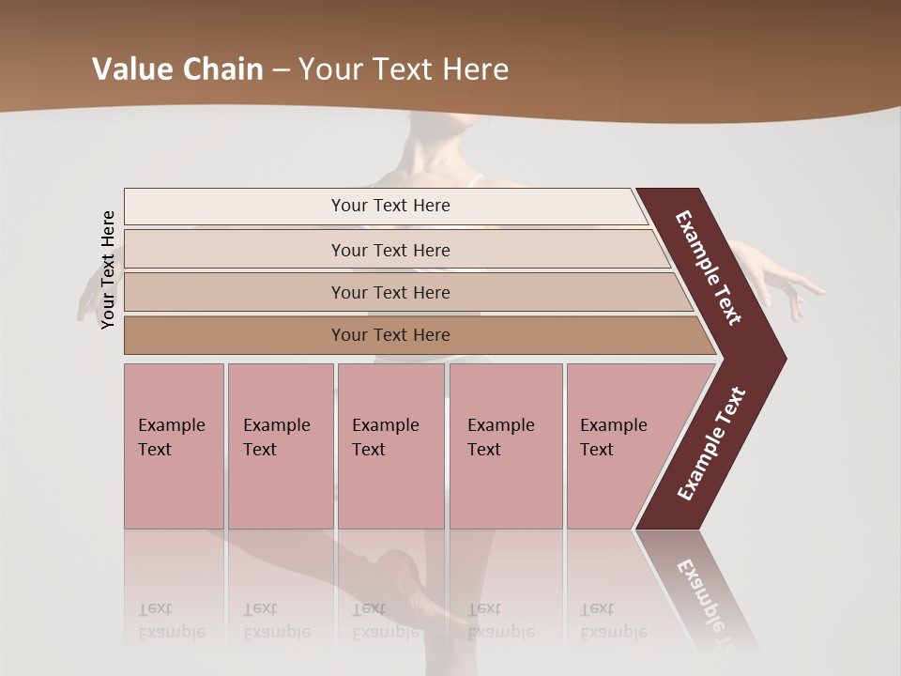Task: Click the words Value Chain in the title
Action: (x=177, y=69)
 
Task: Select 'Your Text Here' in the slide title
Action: (x=404, y=69)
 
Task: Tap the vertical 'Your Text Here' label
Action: (x=108, y=269)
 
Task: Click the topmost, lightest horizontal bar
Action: (x=389, y=206)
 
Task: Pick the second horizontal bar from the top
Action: (x=389, y=250)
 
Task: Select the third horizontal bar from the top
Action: (x=389, y=292)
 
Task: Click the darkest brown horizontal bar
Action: (x=389, y=335)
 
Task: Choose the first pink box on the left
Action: (x=174, y=446)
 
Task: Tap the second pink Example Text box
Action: (x=280, y=446)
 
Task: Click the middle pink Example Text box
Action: (x=390, y=446)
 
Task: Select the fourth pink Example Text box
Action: (x=505, y=446)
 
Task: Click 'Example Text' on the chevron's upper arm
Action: (x=709, y=268)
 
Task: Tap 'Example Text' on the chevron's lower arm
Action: (x=711, y=443)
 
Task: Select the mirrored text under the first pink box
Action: (x=171, y=622)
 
